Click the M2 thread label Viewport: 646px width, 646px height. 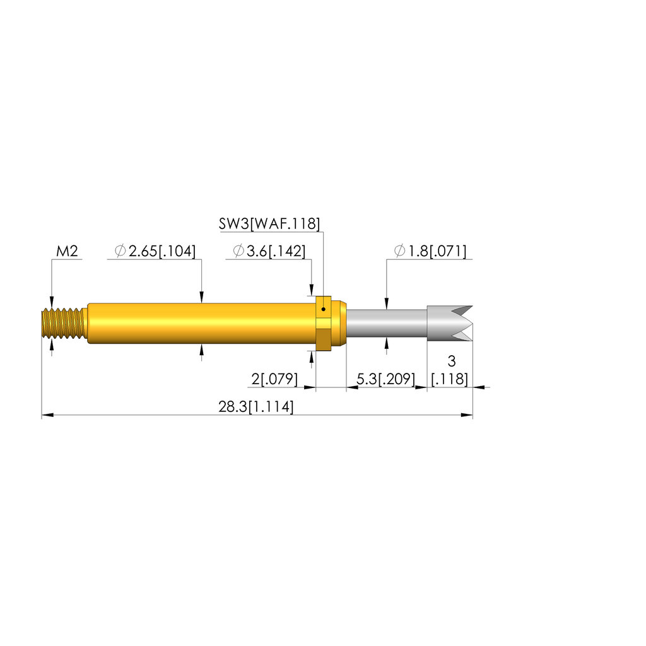(x=67, y=251)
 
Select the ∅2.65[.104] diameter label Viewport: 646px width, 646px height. (x=155, y=251)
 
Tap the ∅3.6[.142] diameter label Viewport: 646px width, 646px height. (x=269, y=251)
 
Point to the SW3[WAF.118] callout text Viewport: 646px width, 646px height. (x=269, y=224)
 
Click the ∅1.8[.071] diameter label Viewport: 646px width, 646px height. (x=430, y=251)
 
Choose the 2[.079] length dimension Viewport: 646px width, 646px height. (x=274, y=379)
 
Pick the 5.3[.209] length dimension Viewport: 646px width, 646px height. (x=385, y=379)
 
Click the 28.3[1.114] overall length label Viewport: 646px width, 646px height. (x=256, y=407)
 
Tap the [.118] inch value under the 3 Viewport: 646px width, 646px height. (x=449, y=379)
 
